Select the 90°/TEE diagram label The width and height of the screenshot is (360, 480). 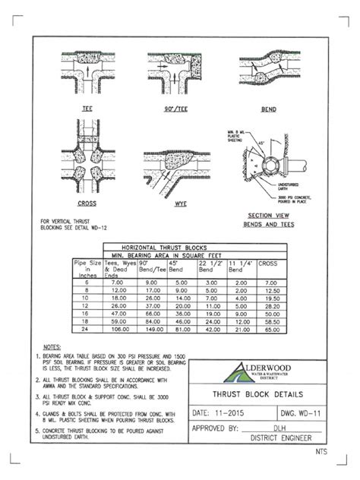point(175,109)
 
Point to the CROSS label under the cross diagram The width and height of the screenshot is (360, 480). point(87,204)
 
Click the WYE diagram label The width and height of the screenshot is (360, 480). point(175,204)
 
